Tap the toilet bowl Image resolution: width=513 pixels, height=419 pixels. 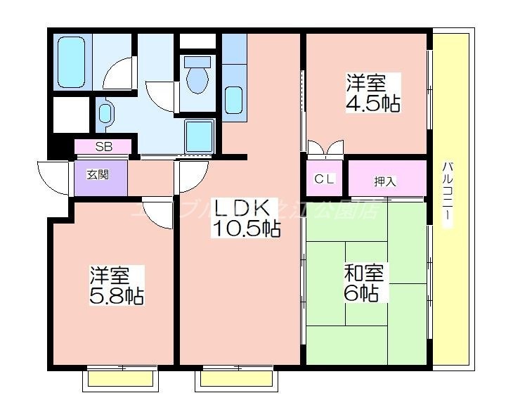point(197,75)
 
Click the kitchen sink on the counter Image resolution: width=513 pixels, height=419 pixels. point(233,98)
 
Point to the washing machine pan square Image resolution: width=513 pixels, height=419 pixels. point(199,136)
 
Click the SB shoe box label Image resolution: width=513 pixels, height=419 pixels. point(103,147)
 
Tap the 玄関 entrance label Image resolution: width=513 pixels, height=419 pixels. point(98,174)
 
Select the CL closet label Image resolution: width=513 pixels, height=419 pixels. point(324,179)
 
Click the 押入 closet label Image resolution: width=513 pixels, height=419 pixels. point(385,181)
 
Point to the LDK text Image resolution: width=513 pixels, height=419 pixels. point(242,207)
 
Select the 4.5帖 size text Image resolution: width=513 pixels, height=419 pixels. point(372,103)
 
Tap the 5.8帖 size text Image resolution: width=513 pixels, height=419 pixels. point(116,296)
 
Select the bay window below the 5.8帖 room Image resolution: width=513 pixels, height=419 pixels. point(120,379)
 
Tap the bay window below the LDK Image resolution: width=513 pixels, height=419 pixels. point(235,379)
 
